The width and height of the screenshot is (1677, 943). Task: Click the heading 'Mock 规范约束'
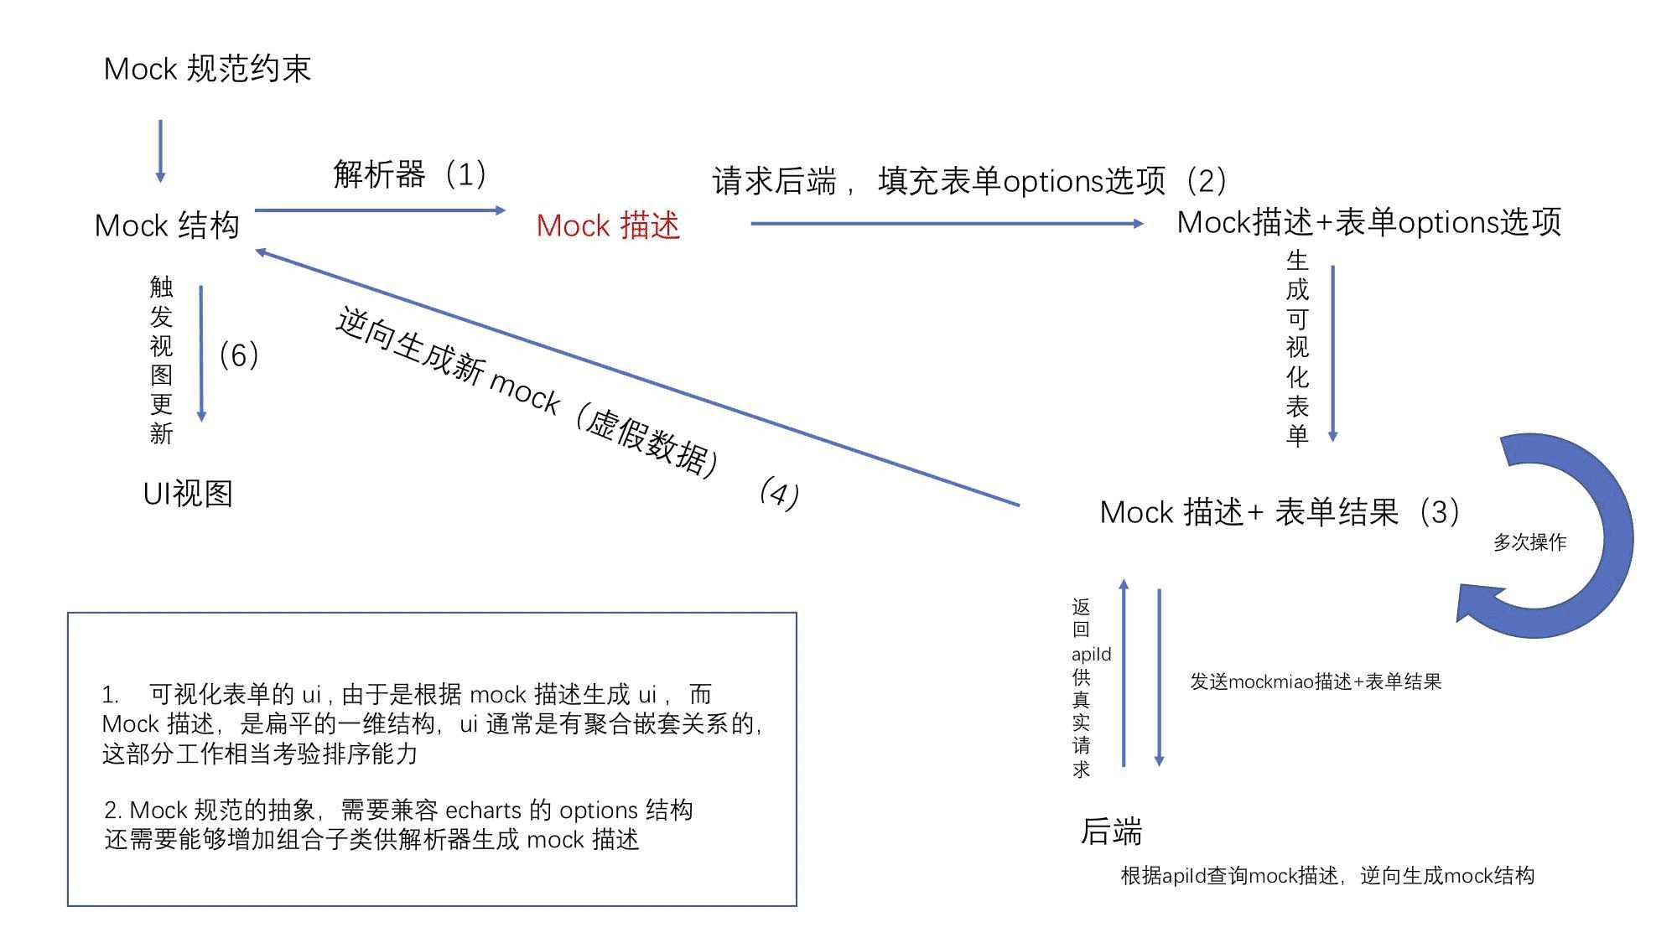tap(207, 69)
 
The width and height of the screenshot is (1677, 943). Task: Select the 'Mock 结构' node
tap(167, 225)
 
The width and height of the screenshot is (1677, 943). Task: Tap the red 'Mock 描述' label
tap(608, 225)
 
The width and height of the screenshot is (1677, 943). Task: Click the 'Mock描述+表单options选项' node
tap(1369, 222)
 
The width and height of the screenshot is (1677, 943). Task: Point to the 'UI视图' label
tap(188, 494)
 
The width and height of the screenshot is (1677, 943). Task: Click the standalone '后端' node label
tap(1111, 832)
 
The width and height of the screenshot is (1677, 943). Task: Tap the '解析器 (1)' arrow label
tap(410, 174)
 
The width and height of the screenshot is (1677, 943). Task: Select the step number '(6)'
tap(238, 355)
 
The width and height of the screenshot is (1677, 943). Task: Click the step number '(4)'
tap(779, 493)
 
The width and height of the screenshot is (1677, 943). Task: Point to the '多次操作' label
tap(1529, 542)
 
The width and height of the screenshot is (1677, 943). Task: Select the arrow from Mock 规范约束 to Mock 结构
tap(160, 152)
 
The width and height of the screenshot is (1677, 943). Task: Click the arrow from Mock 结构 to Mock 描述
tap(380, 210)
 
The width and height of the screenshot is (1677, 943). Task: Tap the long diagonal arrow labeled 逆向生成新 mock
tap(637, 377)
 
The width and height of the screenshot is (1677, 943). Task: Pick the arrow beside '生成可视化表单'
tap(1332, 354)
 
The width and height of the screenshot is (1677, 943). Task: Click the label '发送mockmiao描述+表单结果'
tap(1316, 681)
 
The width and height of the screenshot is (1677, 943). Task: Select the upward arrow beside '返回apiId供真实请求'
tap(1124, 672)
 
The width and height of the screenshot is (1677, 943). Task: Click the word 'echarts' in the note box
tap(483, 811)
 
